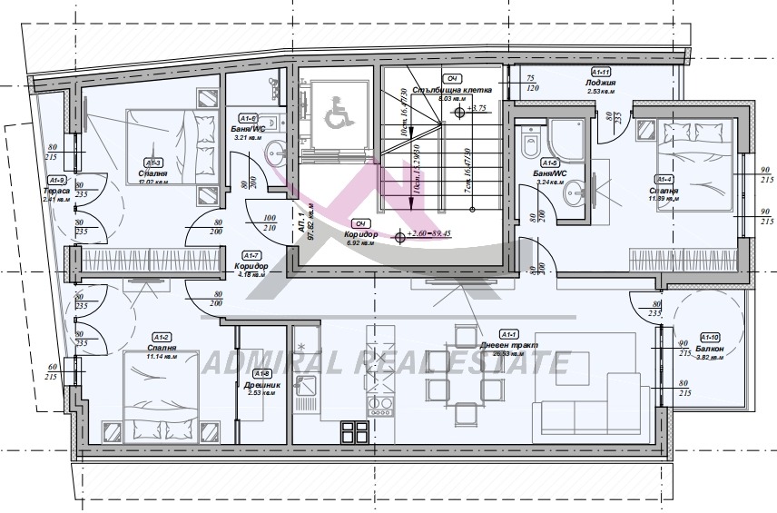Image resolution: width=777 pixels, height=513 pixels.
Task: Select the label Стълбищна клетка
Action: tap(451, 91)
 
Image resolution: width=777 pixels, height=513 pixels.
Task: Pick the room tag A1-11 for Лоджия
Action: tap(600, 72)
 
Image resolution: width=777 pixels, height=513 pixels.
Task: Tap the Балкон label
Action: tap(712, 349)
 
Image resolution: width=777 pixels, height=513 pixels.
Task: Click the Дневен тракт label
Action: tap(509, 345)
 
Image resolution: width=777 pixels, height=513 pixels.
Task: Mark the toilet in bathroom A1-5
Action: tap(532, 142)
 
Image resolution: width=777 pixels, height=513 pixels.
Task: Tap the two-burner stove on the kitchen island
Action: tap(381, 401)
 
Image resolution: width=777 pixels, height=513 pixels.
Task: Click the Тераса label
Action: tap(56, 191)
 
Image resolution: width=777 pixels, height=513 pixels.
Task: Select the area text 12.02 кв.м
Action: tap(154, 182)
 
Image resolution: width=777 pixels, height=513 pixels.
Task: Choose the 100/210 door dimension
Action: tap(269, 223)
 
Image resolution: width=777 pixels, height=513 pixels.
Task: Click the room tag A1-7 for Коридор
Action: tap(253, 255)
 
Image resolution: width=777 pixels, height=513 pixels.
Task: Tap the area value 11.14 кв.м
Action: tap(160, 357)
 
